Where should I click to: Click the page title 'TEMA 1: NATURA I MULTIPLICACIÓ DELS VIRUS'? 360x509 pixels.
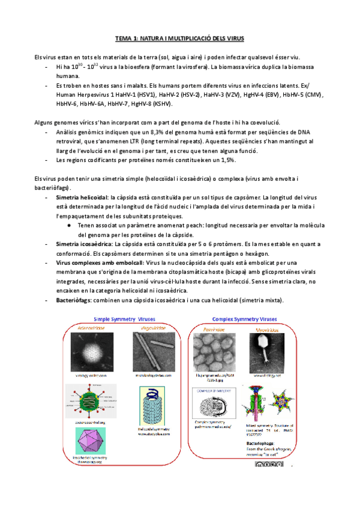[x=179, y=38]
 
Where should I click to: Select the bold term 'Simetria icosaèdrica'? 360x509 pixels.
[x=83, y=244]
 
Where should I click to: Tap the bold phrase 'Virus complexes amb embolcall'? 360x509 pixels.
[x=100, y=263]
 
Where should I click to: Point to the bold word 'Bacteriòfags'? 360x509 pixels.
[x=73, y=300]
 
